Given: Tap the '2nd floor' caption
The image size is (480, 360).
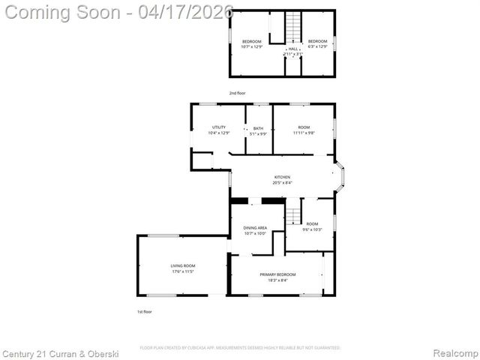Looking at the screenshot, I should [237, 93].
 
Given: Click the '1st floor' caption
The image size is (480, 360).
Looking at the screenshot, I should [144, 311].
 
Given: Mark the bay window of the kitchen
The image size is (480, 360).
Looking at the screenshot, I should [340, 178].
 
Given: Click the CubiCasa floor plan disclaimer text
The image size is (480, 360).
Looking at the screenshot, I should [240, 348].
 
